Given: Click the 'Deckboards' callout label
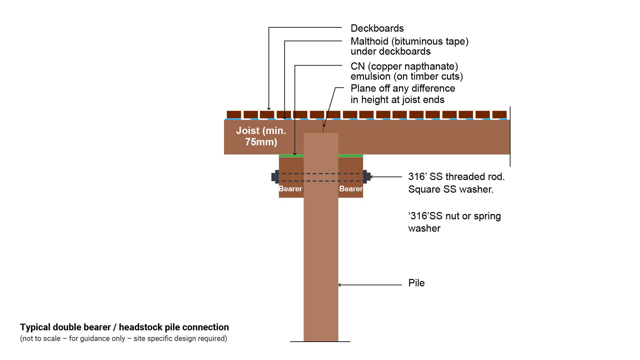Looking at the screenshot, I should (377, 28).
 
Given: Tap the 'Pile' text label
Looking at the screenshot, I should (416, 283).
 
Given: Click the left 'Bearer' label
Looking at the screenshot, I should (290, 189).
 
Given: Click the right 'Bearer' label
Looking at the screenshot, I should (351, 189).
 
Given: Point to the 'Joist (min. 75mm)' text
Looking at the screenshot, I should (261, 136).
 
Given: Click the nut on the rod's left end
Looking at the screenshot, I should (275, 177).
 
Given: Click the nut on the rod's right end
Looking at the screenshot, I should (367, 177).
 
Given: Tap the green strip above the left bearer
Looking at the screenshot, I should (291, 156).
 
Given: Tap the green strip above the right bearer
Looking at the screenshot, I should (351, 156).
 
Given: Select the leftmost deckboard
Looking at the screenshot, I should (234, 114).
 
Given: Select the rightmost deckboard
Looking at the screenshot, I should (499, 114).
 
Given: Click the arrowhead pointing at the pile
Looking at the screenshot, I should (340, 285).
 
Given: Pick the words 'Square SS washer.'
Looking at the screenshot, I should (451, 189).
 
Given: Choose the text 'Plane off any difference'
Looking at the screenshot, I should (403, 88).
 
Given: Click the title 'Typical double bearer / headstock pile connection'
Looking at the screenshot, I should (124, 327).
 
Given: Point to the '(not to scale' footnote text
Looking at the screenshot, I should (40, 339).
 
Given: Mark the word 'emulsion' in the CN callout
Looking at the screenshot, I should (370, 76).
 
